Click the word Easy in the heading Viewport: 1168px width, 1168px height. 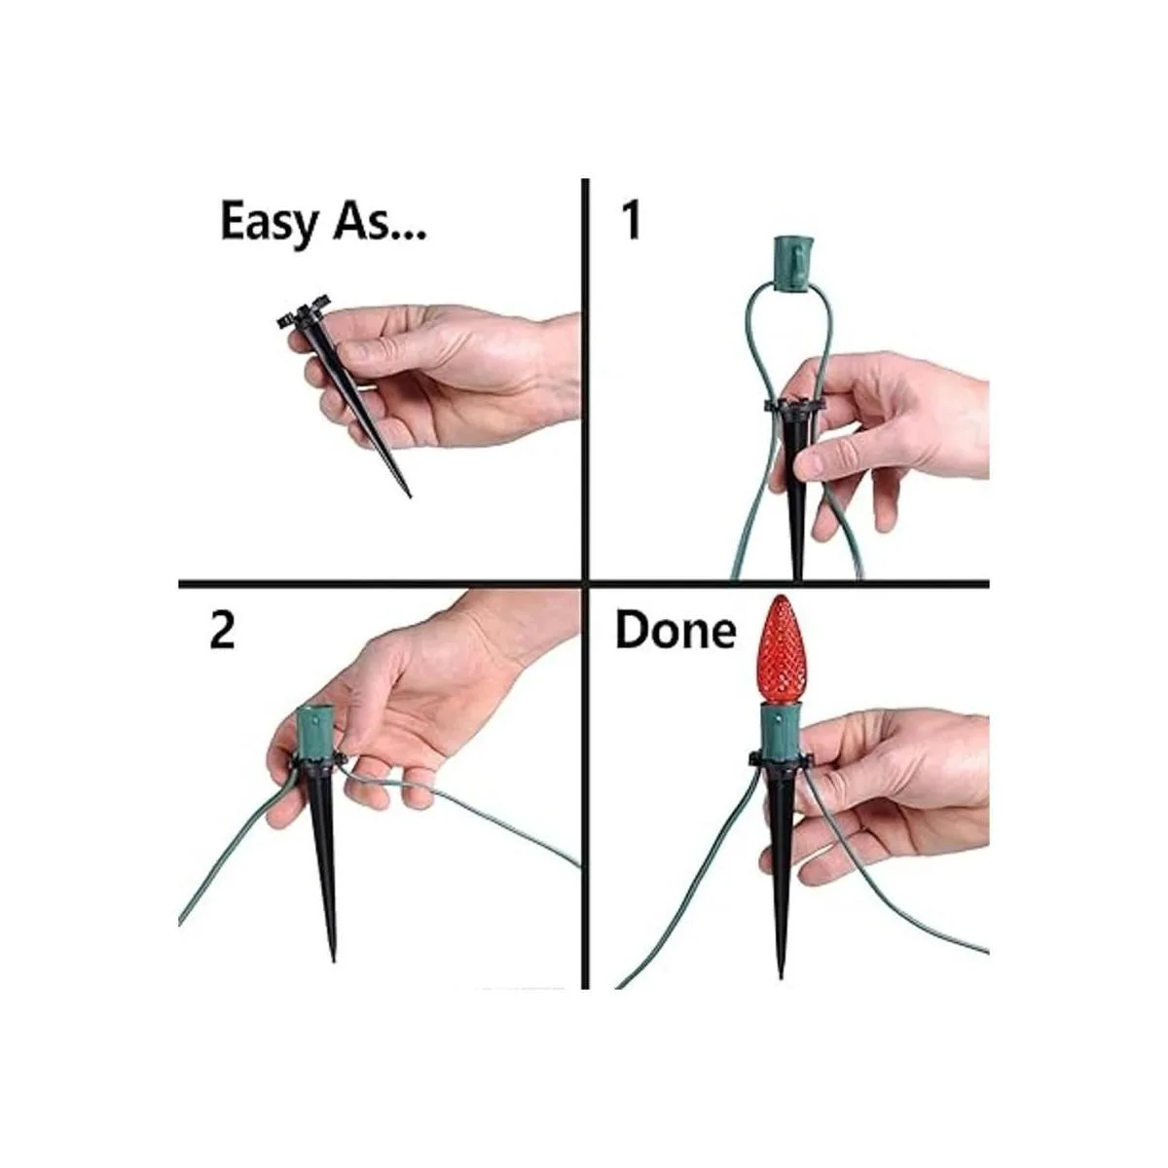click(269, 223)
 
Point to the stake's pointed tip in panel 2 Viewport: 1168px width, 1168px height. click(333, 960)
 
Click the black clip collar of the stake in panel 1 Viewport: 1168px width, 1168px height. click(793, 406)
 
